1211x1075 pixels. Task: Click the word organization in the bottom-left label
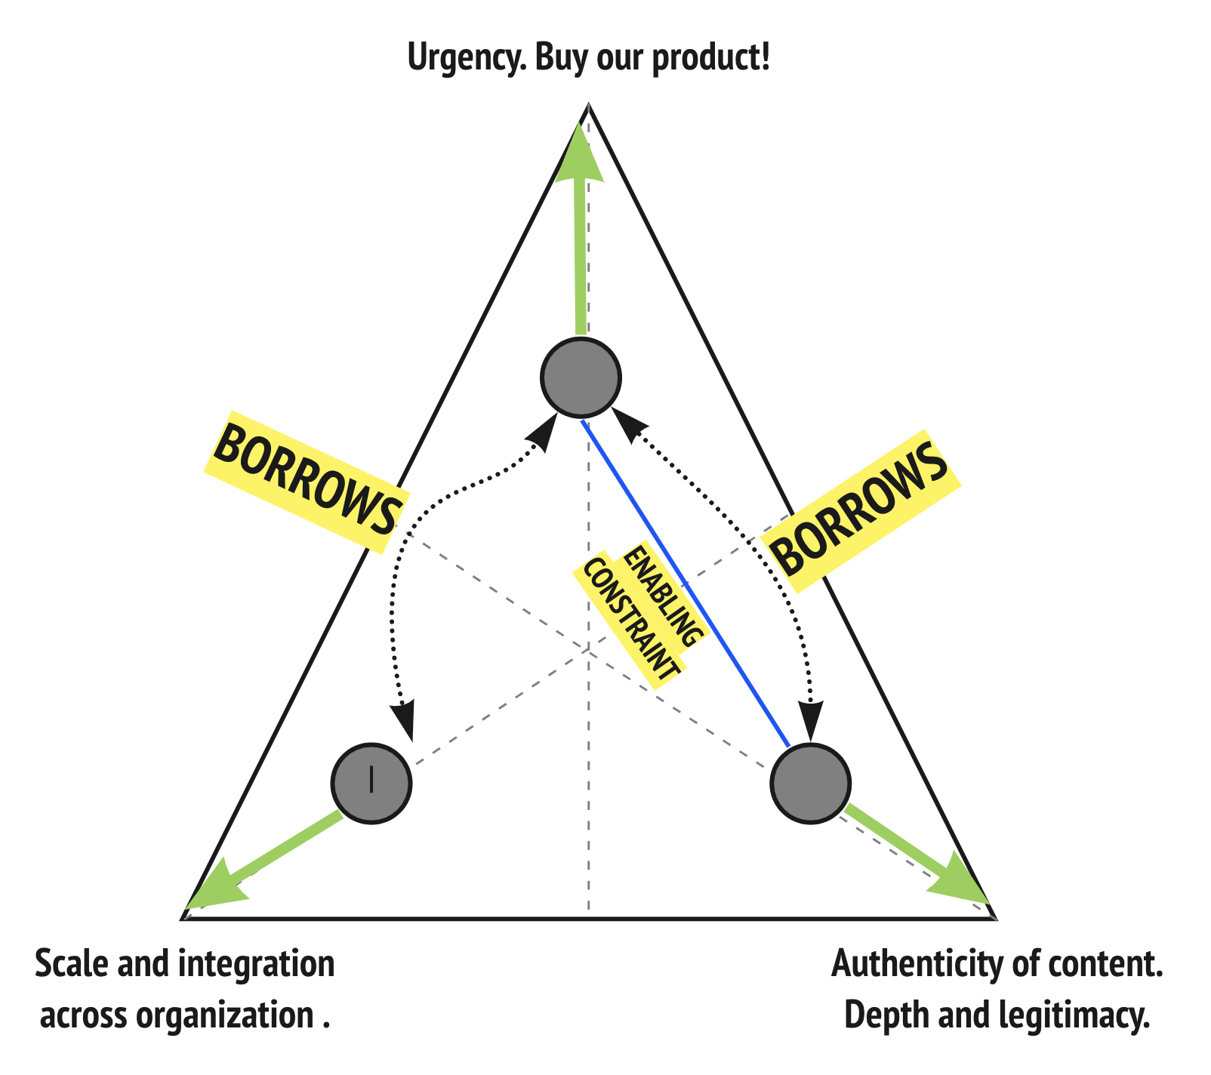coord(225,1015)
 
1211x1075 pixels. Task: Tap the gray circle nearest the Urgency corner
coord(581,377)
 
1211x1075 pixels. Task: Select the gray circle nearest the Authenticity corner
coord(810,782)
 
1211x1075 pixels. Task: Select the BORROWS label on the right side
coord(861,510)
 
